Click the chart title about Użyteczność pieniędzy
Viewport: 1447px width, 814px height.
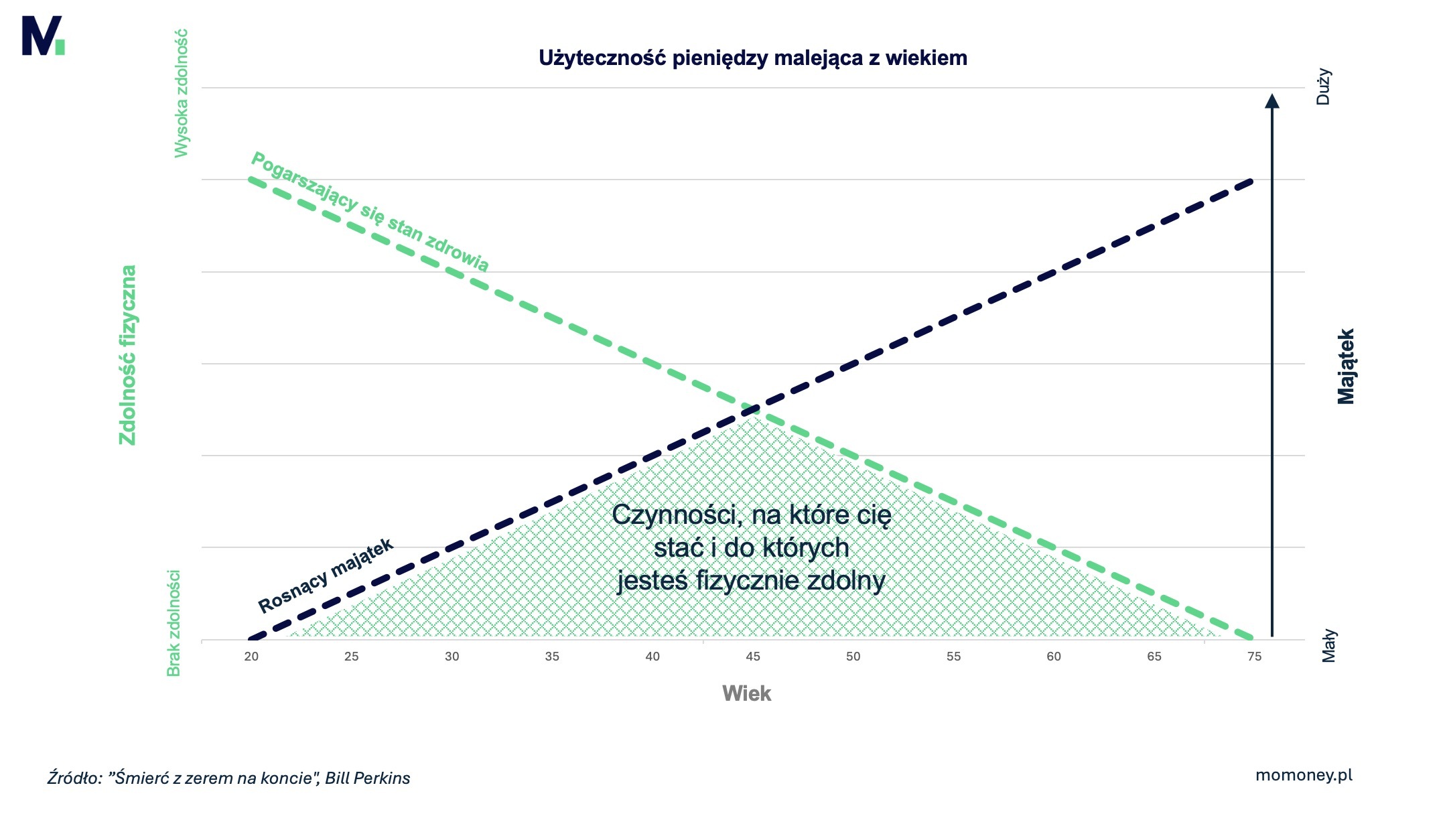tap(752, 58)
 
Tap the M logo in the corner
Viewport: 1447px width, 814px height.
tap(43, 36)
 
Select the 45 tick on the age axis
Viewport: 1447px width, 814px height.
tap(752, 657)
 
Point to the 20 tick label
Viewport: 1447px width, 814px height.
tap(251, 657)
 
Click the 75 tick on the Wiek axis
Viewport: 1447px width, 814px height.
tap(1254, 657)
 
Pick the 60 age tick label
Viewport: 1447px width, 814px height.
tap(1054, 657)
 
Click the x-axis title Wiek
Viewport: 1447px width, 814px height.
tap(746, 693)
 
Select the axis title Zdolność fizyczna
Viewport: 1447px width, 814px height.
tap(127, 355)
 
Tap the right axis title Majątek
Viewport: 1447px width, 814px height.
tap(1345, 366)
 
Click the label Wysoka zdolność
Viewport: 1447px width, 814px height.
tap(181, 94)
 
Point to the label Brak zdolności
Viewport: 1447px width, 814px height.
tap(174, 623)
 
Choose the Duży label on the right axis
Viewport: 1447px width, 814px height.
tap(1323, 87)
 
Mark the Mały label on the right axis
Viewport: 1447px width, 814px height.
tap(1329, 646)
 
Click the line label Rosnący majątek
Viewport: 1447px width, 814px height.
tap(326, 575)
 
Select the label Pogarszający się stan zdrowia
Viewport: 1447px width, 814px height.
tap(369, 211)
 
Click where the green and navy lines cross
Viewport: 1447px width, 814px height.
tap(752, 409)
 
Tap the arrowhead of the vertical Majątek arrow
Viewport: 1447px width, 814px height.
tap(1271, 100)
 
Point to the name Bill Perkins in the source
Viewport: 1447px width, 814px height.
tap(367, 778)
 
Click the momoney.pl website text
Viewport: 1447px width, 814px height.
tap(1304, 775)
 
